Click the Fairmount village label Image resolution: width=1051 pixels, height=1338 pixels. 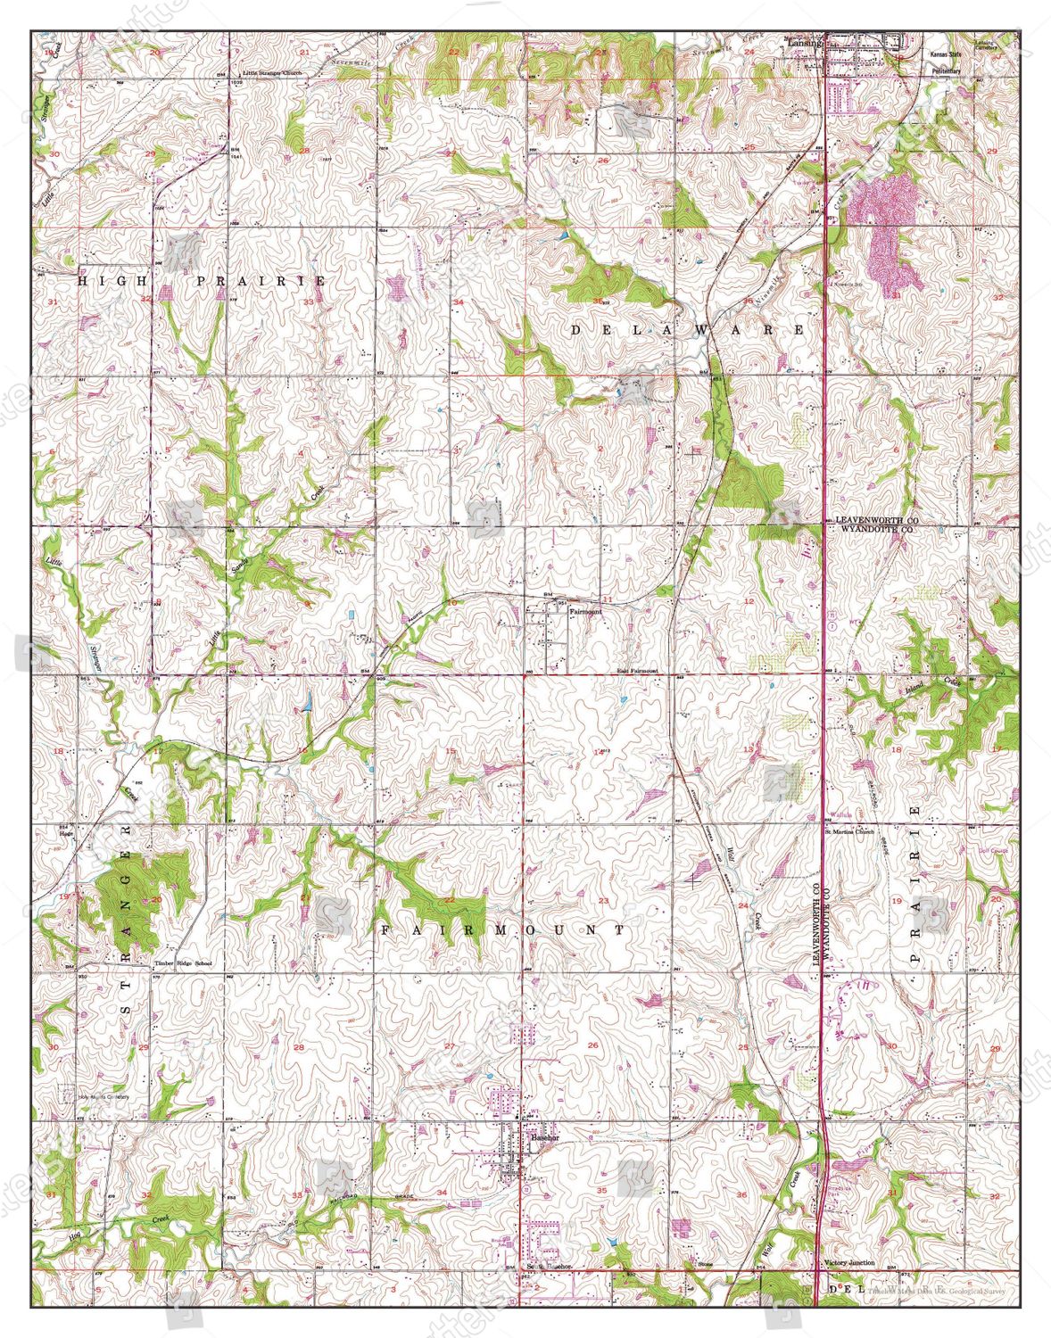tap(586, 613)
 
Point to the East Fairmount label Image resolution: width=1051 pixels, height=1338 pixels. tap(637, 670)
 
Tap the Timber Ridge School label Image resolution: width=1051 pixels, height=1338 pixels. tap(184, 964)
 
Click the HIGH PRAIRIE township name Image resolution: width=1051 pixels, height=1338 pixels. tap(202, 280)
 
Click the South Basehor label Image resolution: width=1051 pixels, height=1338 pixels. tap(548, 1267)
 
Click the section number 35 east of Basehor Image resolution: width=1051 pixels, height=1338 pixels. tap(602, 1191)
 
